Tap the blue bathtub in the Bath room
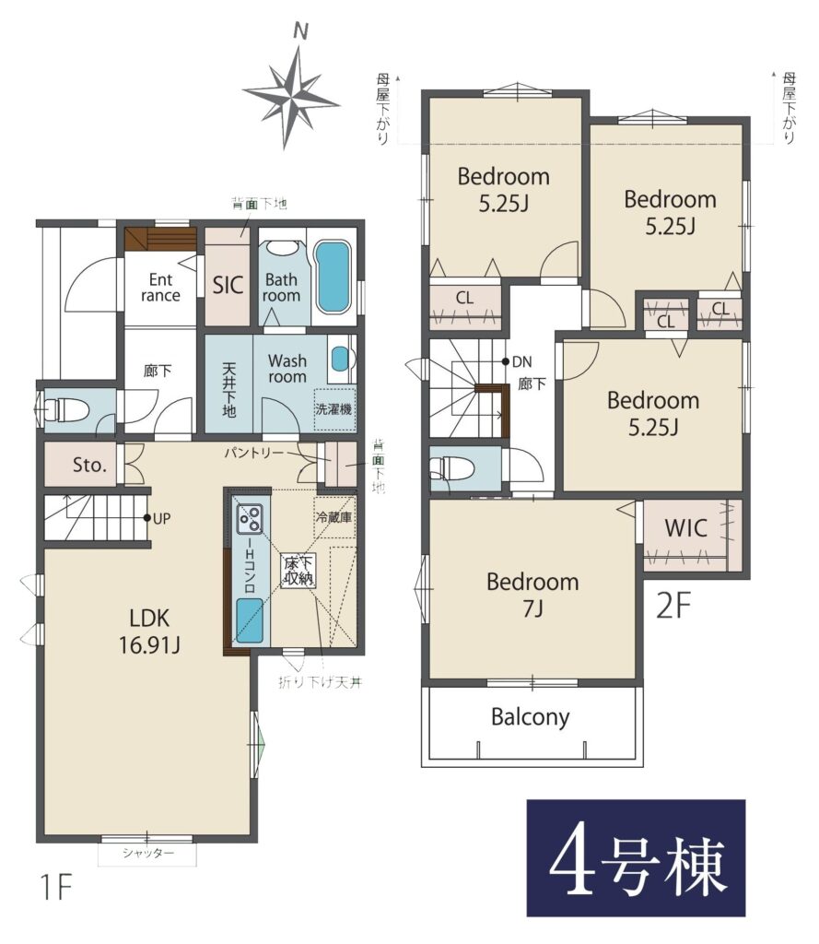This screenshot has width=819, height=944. (333, 277)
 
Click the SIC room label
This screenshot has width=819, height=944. (228, 285)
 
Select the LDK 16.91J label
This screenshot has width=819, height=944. (149, 631)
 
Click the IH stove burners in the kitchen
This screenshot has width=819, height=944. (250, 519)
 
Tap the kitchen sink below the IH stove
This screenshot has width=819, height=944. (250, 620)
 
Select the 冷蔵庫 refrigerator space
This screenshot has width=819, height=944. (334, 518)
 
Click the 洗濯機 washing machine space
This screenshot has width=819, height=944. (334, 409)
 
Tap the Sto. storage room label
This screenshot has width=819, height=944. (89, 465)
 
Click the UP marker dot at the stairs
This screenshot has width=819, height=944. (146, 518)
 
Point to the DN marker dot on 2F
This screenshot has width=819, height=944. (506, 361)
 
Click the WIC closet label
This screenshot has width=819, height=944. (685, 528)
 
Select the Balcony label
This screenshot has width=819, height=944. (530, 717)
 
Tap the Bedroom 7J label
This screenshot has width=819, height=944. (533, 595)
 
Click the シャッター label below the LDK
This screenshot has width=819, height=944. (148, 853)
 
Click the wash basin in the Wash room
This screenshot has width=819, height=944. (340, 360)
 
